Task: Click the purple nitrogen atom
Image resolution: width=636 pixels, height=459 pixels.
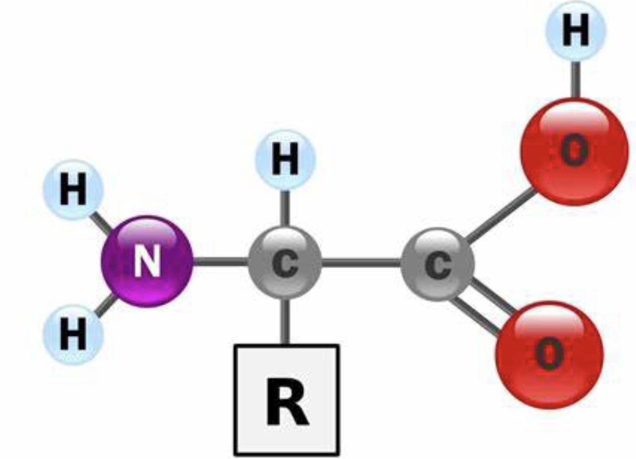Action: pos(147,261)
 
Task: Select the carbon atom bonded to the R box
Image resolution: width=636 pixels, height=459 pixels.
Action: pos(285,263)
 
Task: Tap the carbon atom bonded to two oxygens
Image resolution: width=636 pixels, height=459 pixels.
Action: pos(438,264)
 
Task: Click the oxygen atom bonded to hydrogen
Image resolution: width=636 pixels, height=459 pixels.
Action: pos(574,152)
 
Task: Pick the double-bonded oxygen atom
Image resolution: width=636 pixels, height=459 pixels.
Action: pos(549,354)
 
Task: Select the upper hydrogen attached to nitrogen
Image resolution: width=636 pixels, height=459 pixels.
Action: pos(73,189)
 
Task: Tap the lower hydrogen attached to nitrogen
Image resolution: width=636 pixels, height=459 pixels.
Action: pos(73,334)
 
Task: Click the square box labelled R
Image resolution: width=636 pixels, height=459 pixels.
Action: pos(287,400)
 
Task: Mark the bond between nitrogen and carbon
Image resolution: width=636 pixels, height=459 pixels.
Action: pos(220,261)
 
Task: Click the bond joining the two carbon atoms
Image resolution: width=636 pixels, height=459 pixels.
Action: pos(361,262)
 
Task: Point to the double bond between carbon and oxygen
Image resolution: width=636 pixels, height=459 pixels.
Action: pos(484,305)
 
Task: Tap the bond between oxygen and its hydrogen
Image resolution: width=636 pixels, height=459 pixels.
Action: pos(575,79)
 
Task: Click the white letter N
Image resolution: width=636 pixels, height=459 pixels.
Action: pos(147,261)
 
